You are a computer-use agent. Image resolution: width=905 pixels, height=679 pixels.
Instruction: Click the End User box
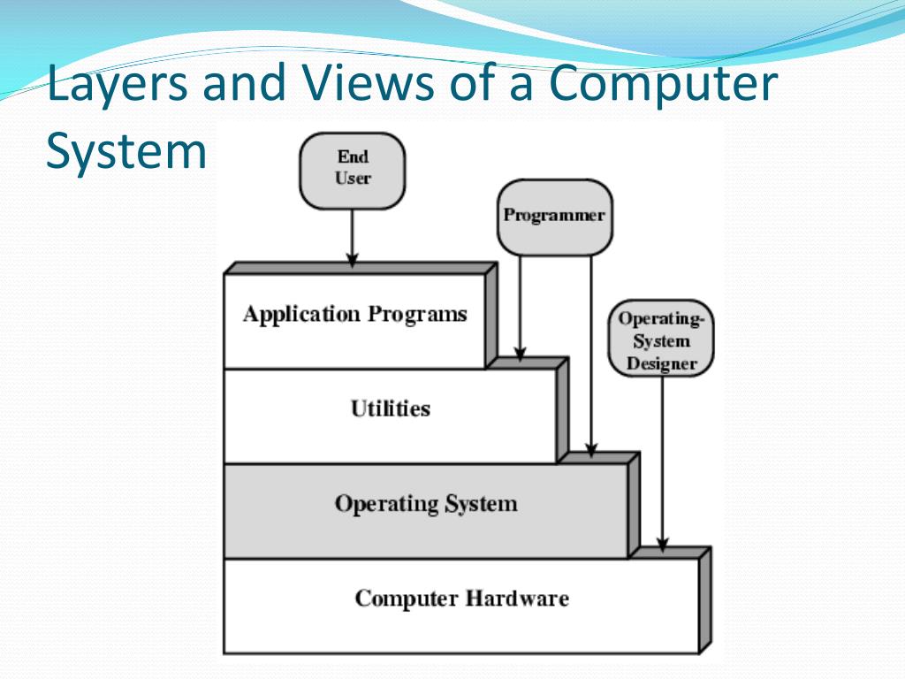point(352,171)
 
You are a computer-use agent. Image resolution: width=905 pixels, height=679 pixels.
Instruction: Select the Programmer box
point(555,217)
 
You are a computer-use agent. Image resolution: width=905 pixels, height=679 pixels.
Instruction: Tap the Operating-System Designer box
point(661,339)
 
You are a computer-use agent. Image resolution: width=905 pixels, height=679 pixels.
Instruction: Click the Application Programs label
point(355,315)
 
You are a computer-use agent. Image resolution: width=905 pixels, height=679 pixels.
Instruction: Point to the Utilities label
point(391,408)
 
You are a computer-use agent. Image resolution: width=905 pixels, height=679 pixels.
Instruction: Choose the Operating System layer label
point(426,503)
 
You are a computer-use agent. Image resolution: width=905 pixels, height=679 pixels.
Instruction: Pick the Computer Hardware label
point(461,599)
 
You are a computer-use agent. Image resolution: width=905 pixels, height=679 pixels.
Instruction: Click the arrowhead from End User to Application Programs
point(352,259)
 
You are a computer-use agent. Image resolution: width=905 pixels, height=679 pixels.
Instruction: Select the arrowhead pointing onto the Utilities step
point(520,354)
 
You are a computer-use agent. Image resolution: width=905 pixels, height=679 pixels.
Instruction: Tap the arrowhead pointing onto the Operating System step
point(591,450)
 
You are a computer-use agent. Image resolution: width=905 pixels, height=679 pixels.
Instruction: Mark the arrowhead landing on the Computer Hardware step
point(663,545)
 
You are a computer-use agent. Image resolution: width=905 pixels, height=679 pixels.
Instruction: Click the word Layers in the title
point(118,83)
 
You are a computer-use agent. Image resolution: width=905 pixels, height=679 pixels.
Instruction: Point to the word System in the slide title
point(125,150)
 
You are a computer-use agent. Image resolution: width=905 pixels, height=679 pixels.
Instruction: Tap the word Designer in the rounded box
point(661,363)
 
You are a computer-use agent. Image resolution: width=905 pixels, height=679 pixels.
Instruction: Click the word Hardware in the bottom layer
point(517,599)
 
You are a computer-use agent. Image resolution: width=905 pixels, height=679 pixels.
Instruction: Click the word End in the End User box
point(353,156)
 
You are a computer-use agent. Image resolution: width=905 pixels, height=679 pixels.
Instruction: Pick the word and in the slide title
point(243,81)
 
